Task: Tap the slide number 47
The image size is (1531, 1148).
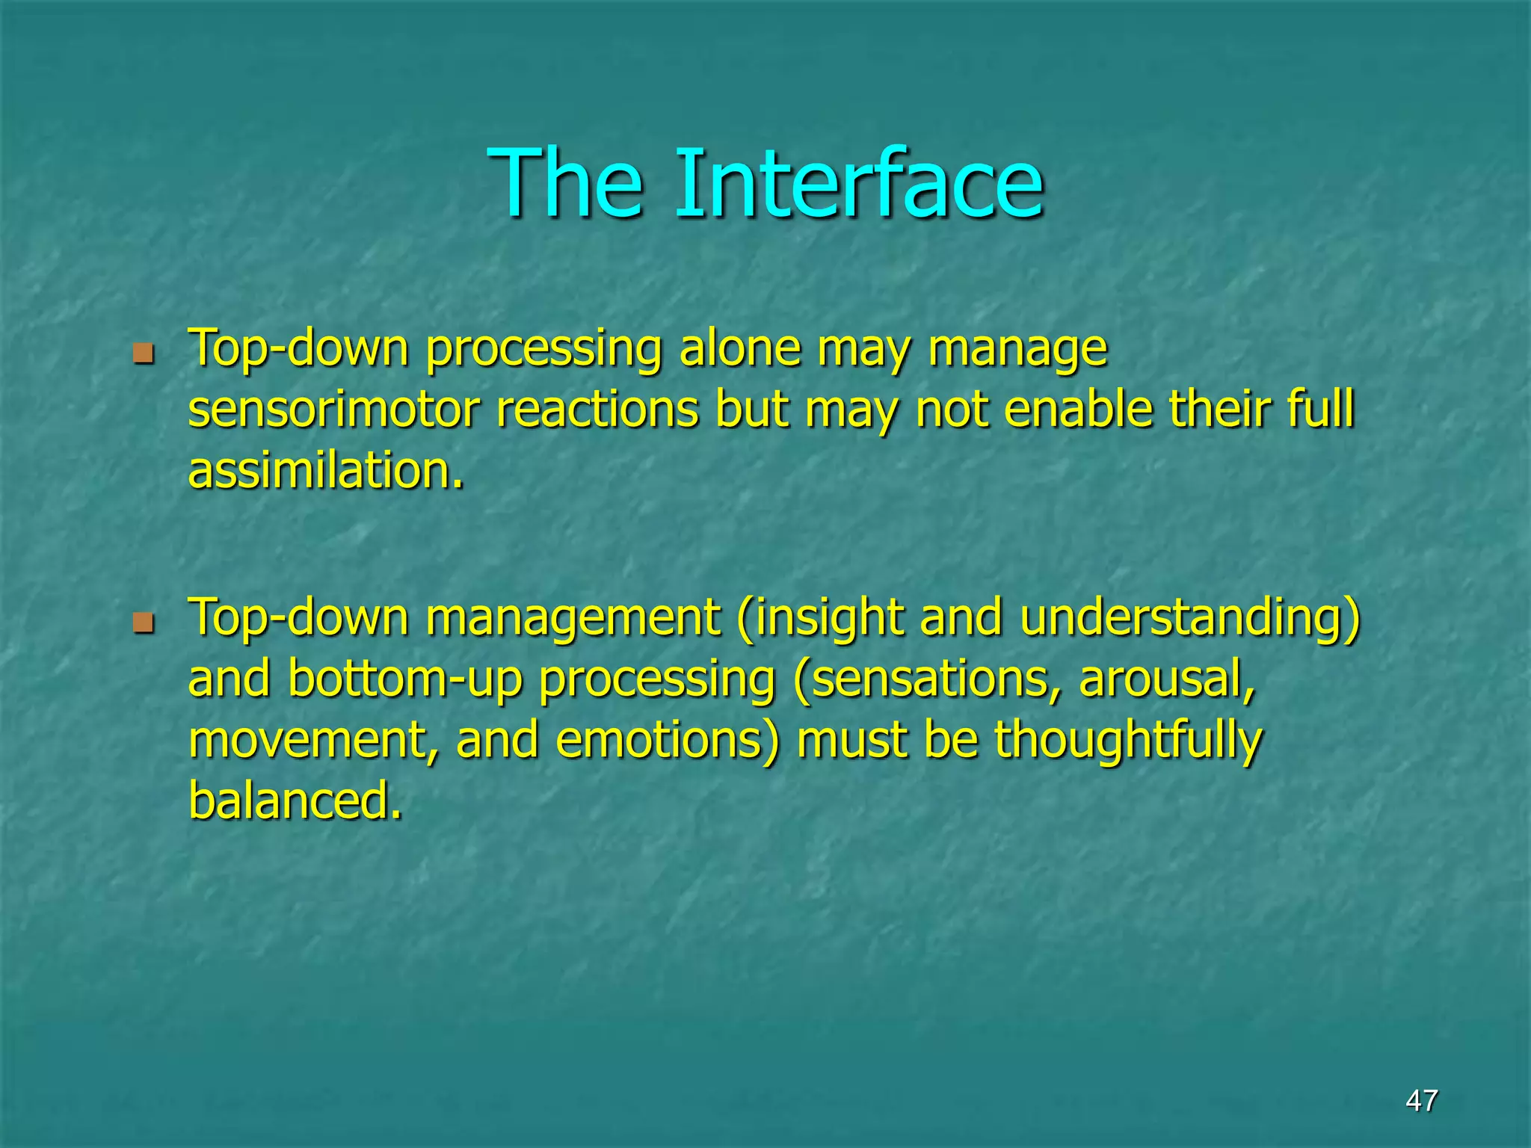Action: point(1421,1100)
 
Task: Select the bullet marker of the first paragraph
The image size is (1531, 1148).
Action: point(143,353)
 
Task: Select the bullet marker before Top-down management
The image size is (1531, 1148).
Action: point(143,622)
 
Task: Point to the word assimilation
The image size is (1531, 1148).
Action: point(325,471)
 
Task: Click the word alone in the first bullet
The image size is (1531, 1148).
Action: point(739,348)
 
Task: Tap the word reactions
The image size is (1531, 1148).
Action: point(597,410)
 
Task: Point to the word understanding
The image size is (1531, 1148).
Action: point(1189,619)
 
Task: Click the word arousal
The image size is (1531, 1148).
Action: point(1167,680)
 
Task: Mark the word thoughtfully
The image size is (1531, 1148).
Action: point(1128,740)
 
